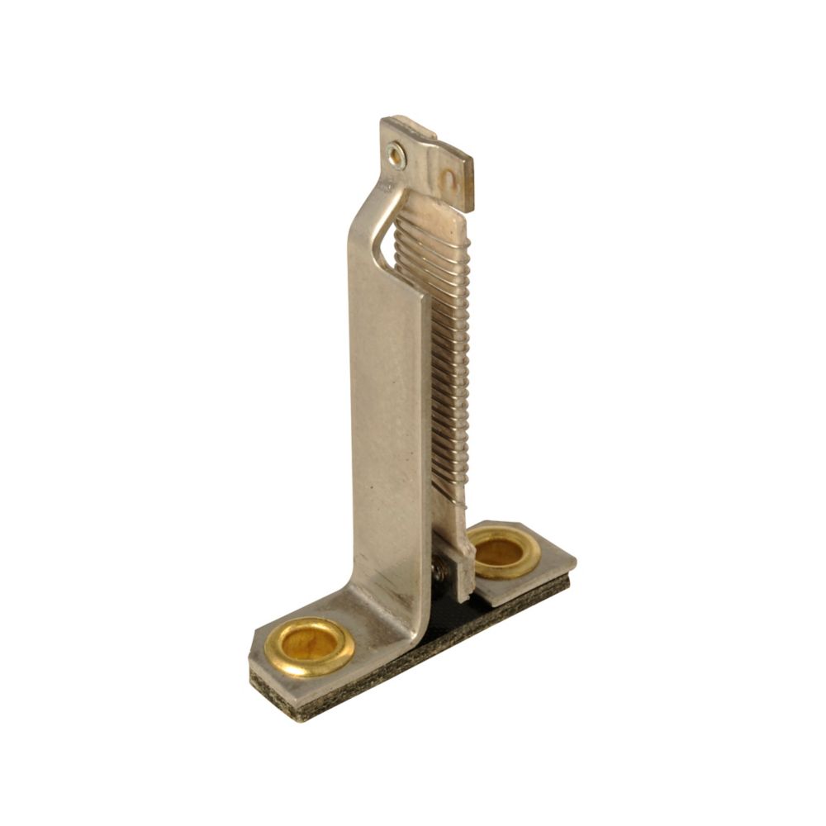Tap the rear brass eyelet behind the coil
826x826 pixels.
coord(503,552)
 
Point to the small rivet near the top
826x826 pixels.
coord(396,154)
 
